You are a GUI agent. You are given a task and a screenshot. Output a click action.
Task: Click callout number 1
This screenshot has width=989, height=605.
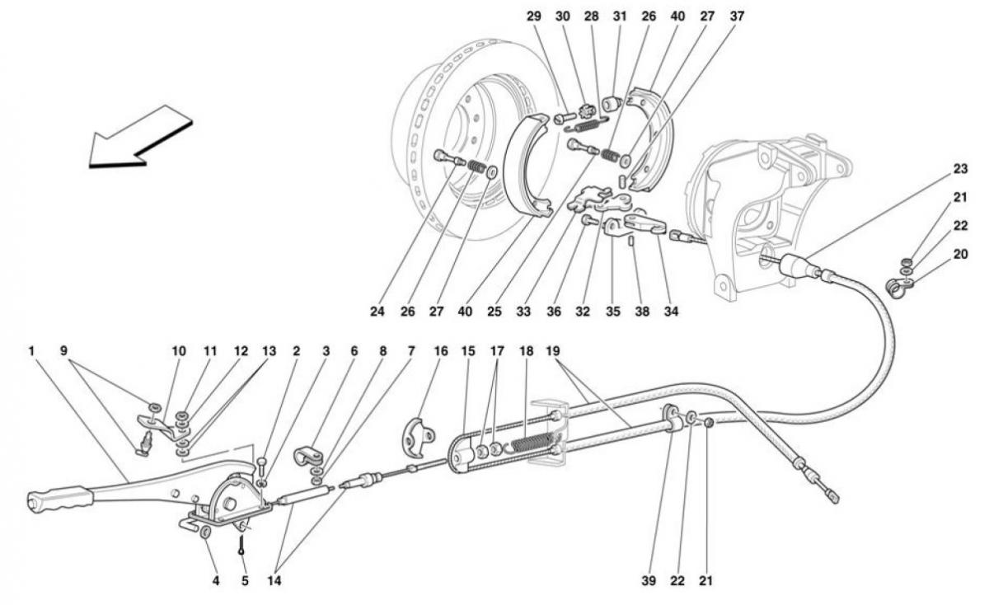click(x=31, y=351)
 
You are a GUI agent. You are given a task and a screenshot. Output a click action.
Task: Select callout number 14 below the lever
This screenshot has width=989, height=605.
click(x=274, y=581)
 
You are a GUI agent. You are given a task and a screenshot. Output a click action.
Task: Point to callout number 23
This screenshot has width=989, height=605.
click(x=960, y=169)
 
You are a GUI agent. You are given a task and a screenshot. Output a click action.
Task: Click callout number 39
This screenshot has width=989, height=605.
click(x=649, y=581)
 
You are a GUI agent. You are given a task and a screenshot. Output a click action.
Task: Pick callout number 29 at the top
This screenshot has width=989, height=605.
click(x=534, y=16)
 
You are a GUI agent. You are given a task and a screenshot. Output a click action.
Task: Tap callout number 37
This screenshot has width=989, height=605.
click(x=737, y=16)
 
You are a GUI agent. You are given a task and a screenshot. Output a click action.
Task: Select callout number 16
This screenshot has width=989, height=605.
click(x=441, y=351)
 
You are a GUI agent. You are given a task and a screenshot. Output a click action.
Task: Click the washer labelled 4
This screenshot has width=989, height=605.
click(x=205, y=532)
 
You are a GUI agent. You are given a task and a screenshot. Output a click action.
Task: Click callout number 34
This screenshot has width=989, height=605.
click(x=671, y=312)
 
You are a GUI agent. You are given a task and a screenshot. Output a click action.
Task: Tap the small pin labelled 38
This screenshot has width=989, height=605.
click(x=632, y=242)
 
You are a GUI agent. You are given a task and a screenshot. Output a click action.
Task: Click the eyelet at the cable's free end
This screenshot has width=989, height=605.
click(x=833, y=498)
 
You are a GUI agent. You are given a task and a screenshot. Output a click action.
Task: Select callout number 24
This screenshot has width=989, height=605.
click(x=377, y=312)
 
